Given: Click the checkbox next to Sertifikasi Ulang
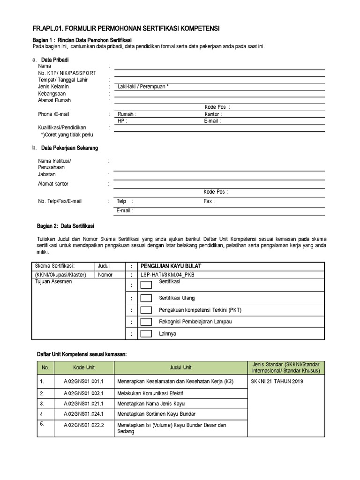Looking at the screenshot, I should point(146,298).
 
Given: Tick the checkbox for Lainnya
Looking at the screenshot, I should point(146,333).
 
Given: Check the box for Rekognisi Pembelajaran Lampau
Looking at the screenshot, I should point(146,322).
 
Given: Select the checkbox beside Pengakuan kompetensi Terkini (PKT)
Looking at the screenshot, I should point(146,310).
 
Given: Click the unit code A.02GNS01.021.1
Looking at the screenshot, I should point(83,404).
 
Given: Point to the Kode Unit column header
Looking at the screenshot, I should point(83,367).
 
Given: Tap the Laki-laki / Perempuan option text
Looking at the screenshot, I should point(143,87).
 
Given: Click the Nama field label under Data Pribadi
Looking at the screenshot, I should point(45,66).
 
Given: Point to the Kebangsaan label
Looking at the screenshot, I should point(52,94).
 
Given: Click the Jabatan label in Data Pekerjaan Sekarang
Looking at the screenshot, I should point(46,174).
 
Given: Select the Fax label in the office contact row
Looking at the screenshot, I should point(209,201).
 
